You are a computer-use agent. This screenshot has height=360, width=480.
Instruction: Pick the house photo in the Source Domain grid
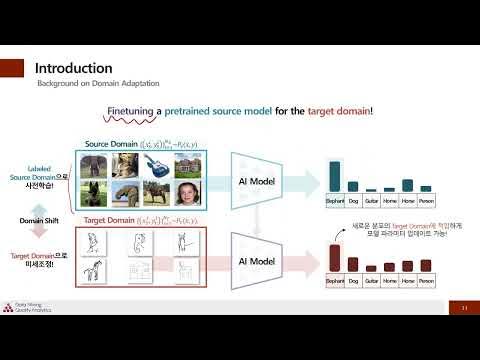(x=188, y=165)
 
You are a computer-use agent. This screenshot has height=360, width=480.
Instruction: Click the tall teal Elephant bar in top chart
(x=336, y=175)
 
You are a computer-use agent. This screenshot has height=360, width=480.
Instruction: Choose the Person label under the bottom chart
(x=425, y=284)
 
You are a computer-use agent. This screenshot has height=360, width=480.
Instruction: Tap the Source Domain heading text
(x=111, y=144)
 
